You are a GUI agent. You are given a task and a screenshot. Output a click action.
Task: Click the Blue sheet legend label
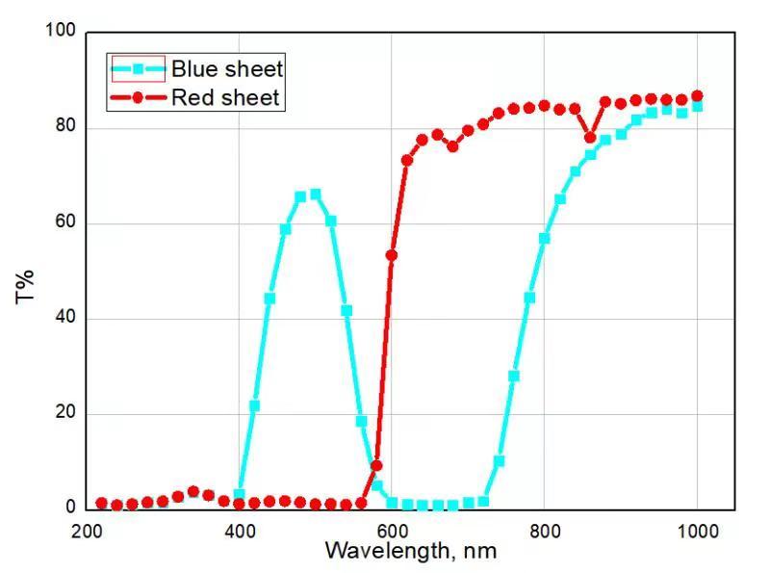227,68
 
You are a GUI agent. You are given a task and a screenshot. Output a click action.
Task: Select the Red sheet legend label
225,97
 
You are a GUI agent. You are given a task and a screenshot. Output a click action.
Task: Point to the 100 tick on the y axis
60,31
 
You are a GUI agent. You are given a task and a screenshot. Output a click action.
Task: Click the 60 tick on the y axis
64,222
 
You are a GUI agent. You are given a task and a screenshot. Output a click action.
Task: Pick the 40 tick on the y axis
64,318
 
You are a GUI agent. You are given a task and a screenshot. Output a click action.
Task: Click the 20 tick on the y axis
64,413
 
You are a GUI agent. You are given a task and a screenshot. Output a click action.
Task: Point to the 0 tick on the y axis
68,508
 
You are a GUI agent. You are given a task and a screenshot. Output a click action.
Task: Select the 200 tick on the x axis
88,529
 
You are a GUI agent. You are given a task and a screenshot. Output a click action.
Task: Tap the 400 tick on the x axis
240,529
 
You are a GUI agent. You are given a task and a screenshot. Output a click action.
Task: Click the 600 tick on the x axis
392,529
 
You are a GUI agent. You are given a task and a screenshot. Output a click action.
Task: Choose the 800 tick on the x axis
545,529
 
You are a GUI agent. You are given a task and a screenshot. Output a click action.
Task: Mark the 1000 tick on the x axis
697,529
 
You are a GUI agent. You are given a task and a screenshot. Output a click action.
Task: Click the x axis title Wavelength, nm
411,551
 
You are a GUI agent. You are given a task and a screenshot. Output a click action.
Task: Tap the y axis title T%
26,285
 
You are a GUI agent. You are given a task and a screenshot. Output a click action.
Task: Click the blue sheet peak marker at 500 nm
316,195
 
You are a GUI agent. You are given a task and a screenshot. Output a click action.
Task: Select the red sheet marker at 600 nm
392,255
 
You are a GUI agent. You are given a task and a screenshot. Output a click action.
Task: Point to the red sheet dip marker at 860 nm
590,137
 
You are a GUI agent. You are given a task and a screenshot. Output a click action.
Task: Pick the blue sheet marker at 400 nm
240,494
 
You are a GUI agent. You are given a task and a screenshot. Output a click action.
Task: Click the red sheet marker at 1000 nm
697,96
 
